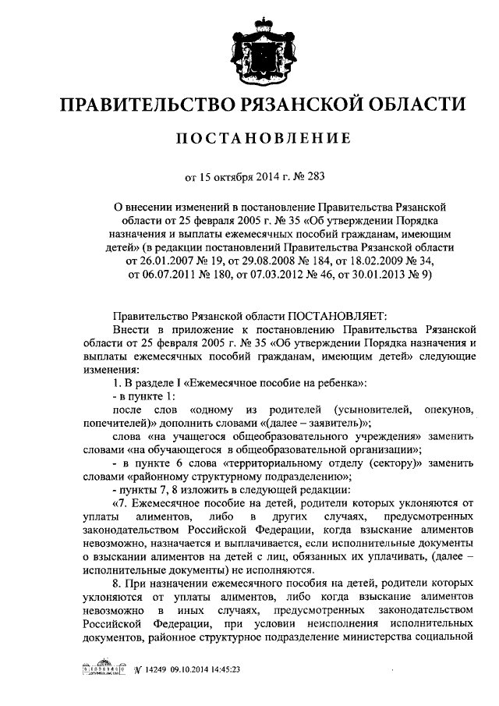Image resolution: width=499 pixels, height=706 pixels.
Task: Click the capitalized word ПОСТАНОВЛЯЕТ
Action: (x=337, y=317)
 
